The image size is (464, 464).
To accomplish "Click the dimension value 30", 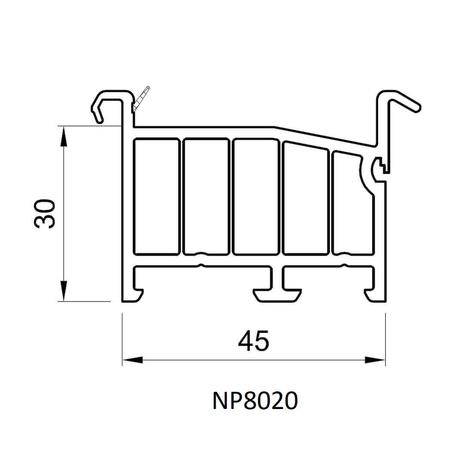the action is coord(45,214).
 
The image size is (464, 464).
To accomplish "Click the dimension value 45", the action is coord(253,341).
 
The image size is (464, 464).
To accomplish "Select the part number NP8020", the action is coord(255,401).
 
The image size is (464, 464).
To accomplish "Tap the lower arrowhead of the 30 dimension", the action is coord(63,291).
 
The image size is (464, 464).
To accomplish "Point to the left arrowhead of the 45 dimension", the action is coord(133,360).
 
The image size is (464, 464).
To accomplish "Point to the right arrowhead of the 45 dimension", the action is coord(375,360).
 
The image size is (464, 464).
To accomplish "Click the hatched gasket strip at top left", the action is coord(140,99).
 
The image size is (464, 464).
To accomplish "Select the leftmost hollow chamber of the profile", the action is coord(156,196).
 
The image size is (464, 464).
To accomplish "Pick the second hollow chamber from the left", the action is coord(206,196).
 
